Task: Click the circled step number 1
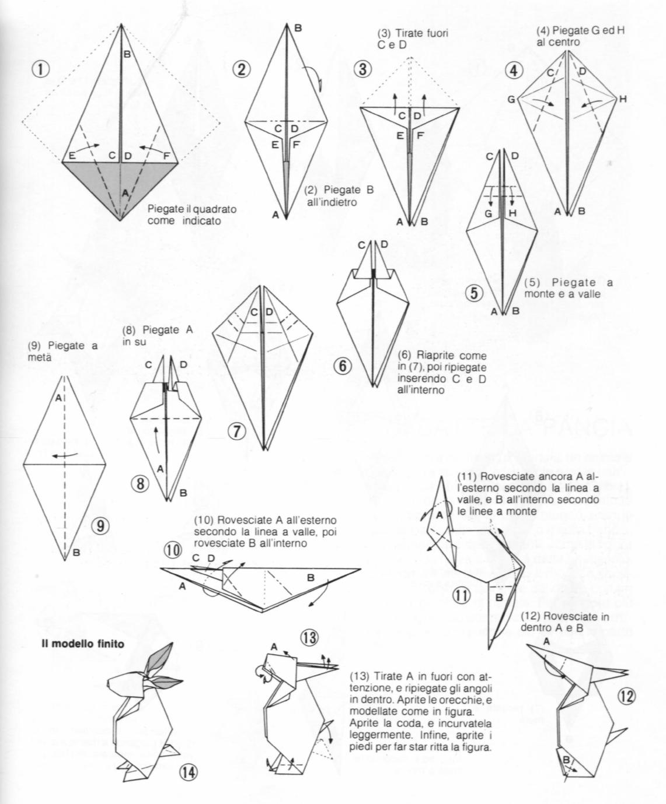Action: (x=40, y=69)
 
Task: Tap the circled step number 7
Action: (x=236, y=431)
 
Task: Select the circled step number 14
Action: (x=188, y=773)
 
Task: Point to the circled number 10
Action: (x=173, y=550)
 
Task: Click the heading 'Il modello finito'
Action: (x=82, y=644)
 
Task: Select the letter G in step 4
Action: (x=511, y=100)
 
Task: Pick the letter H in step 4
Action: (x=622, y=99)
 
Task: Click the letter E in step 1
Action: (x=71, y=155)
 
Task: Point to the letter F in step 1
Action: (x=167, y=155)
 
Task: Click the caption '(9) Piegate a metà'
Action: (x=62, y=350)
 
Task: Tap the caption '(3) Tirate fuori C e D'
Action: (x=413, y=40)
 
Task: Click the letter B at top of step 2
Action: (x=298, y=28)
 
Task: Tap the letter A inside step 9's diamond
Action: (x=58, y=398)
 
